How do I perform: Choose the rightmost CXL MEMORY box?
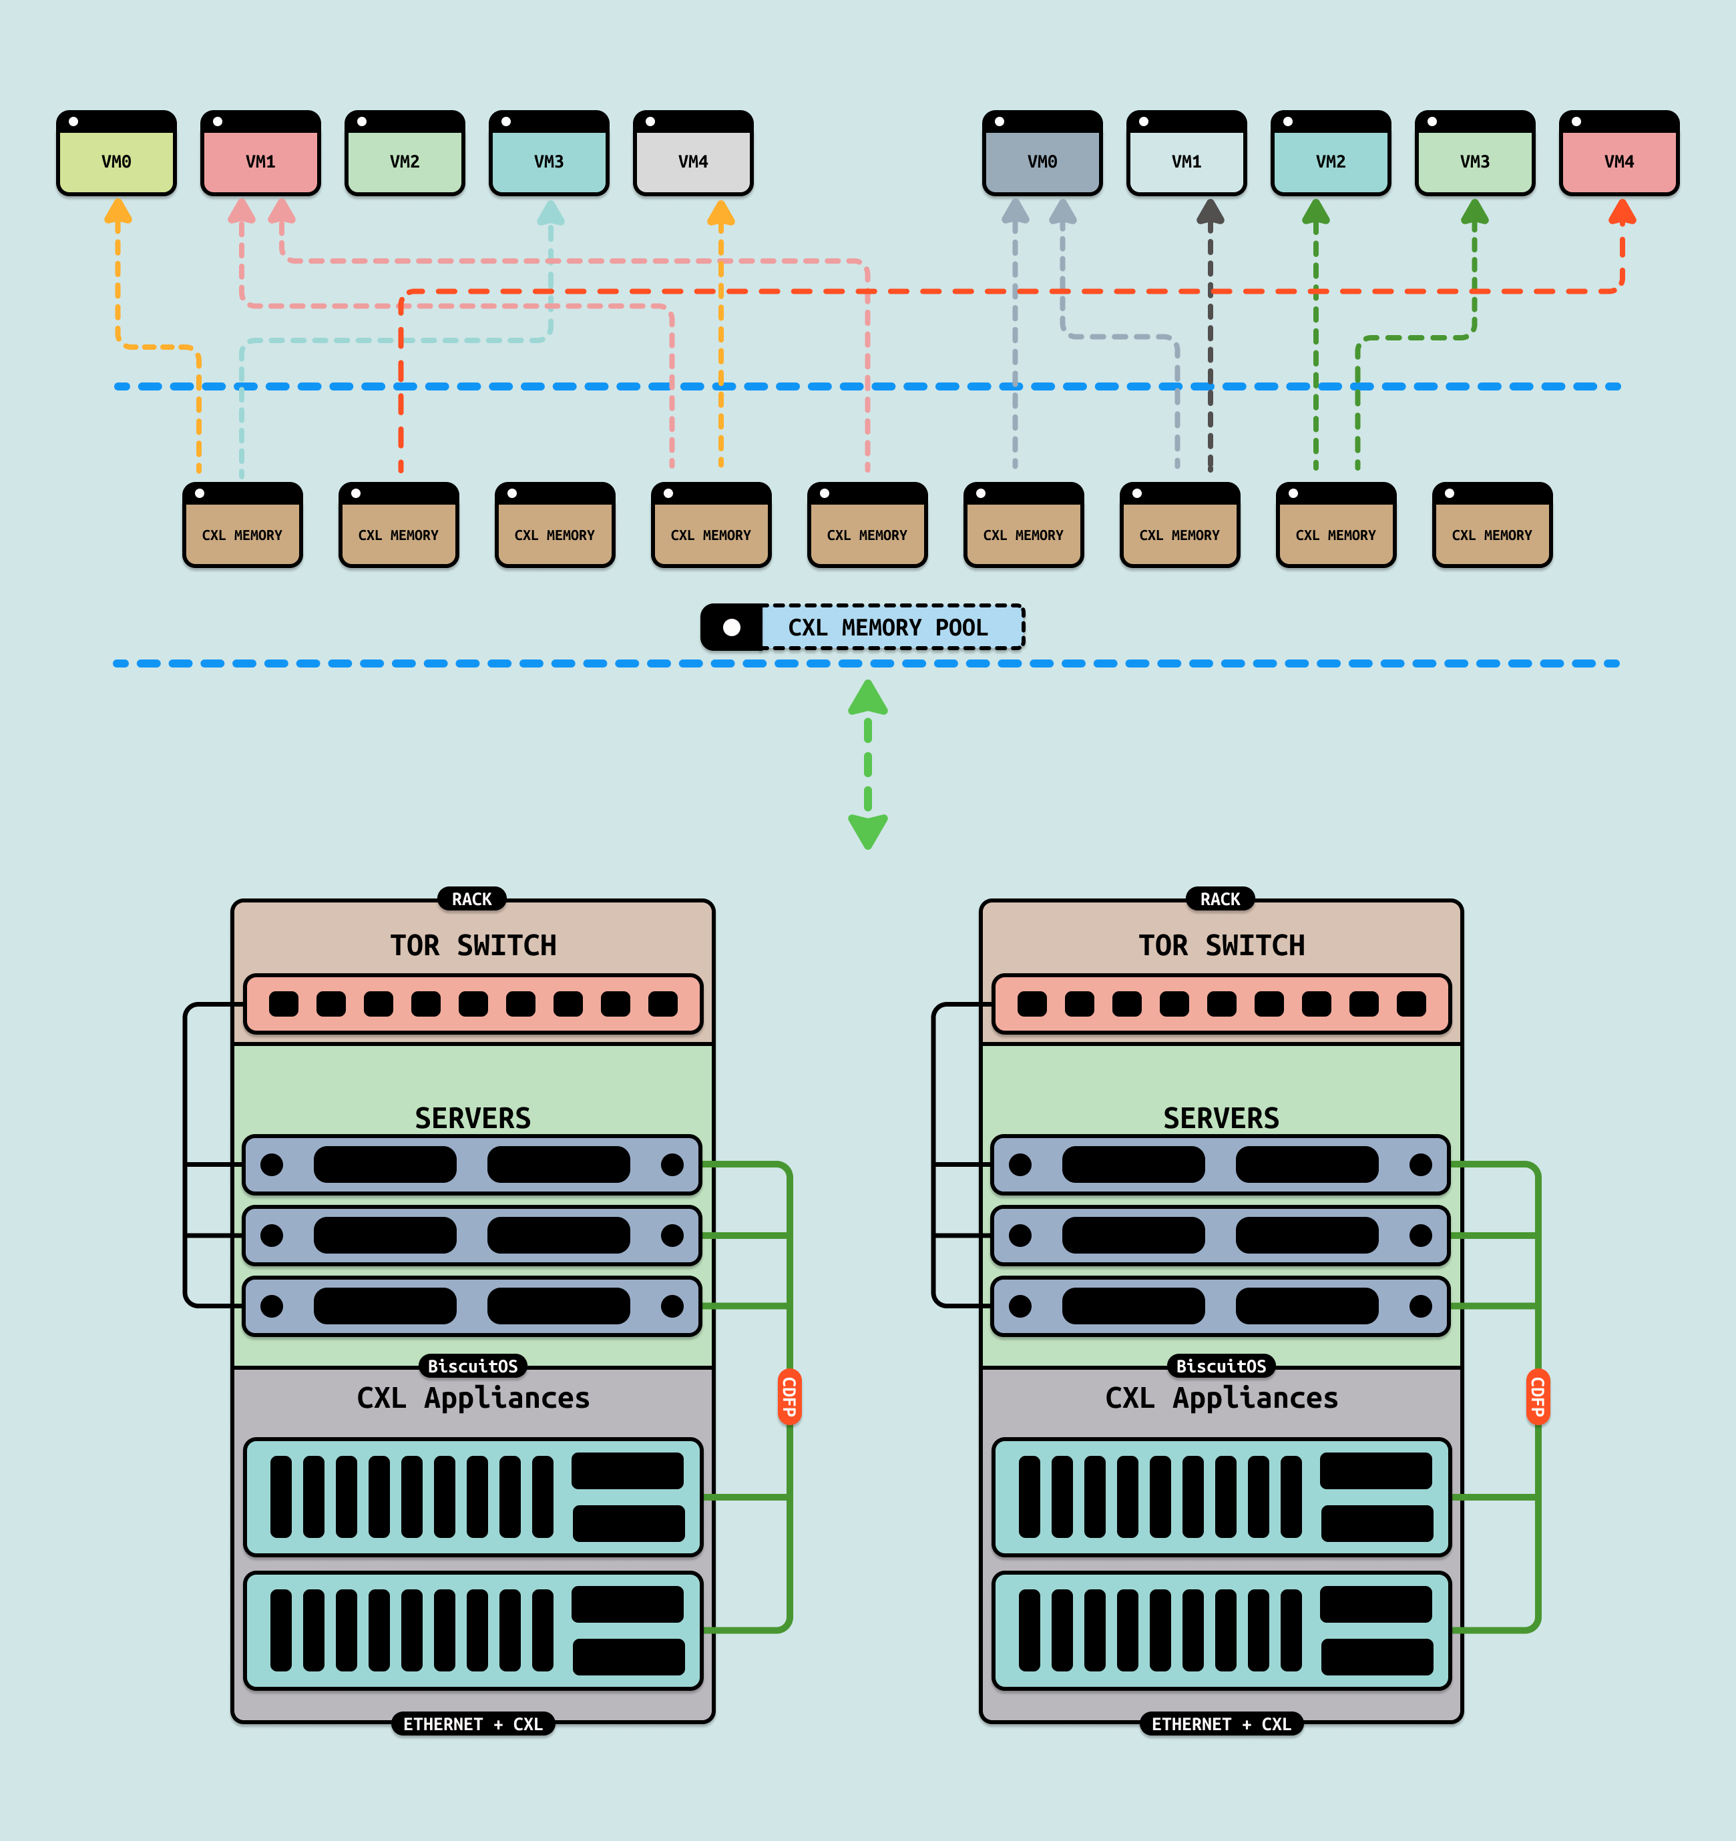[1492, 526]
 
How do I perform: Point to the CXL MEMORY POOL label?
[887, 628]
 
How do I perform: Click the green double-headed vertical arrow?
[868, 765]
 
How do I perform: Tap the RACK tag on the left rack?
[471, 899]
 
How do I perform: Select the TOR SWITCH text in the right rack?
[1221, 945]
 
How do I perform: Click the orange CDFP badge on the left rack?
[789, 1397]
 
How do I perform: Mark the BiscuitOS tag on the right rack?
[1221, 1366]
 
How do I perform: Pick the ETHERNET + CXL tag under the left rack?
[473, 1724]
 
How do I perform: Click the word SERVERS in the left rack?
[473, 1117]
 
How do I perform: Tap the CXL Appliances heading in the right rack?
[1221, 1397]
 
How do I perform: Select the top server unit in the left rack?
[473, 1165]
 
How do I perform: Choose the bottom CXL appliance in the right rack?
[1221, 1631]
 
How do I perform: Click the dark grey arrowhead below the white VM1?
[1210, 213]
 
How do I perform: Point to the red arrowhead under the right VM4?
[1622, 213]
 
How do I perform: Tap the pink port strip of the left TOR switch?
[473, 1004]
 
